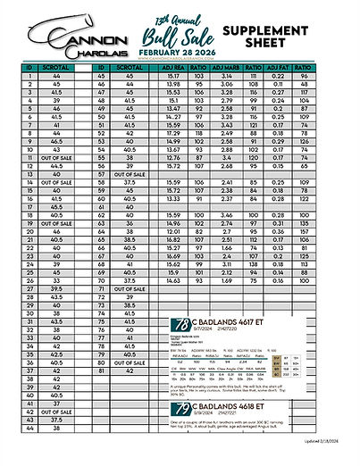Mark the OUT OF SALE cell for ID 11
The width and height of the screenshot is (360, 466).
point(56,158)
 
